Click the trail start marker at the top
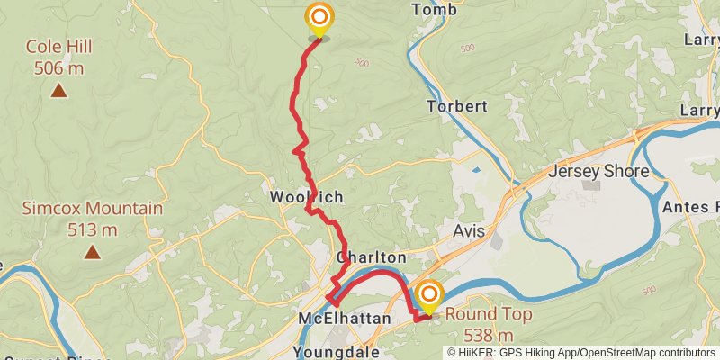(319, 18)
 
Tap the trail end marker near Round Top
(430, 295)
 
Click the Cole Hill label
(59, 47)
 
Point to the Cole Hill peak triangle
(59, 90)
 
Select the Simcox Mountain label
(93, 209)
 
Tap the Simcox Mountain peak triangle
(93, 253)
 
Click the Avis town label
(469, 231)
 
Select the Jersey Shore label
(598, 171)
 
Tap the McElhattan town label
(345, 319)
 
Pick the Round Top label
(489, 315)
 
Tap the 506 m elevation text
(59, 67)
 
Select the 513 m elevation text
(93, 229)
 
